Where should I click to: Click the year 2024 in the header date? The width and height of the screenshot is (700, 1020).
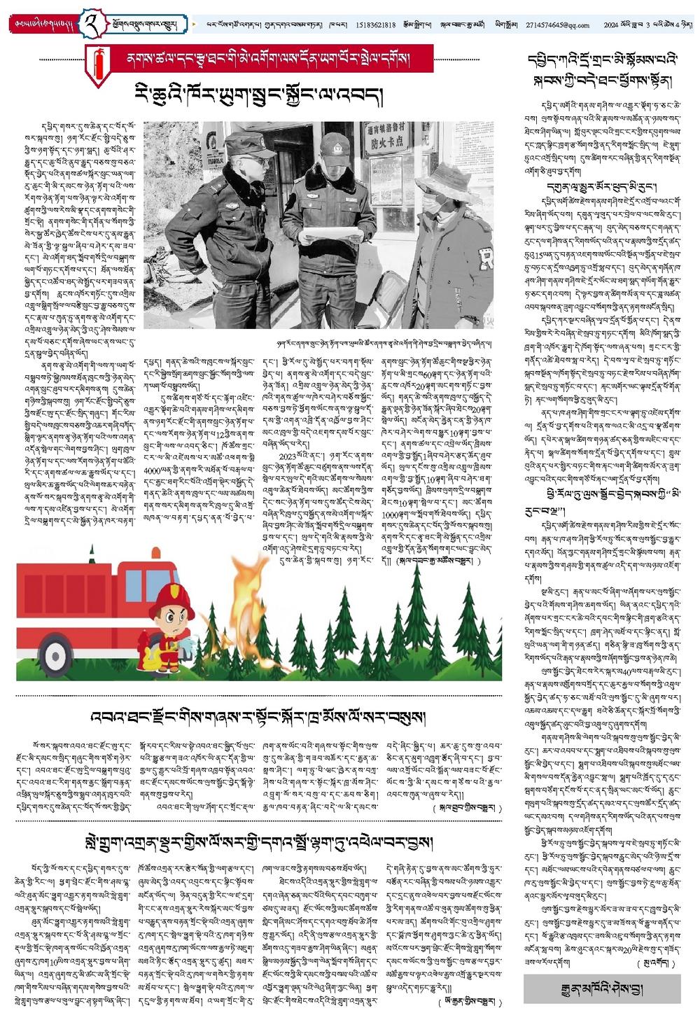point(613,25)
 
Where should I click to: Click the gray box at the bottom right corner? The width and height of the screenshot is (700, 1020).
point(601,988)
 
